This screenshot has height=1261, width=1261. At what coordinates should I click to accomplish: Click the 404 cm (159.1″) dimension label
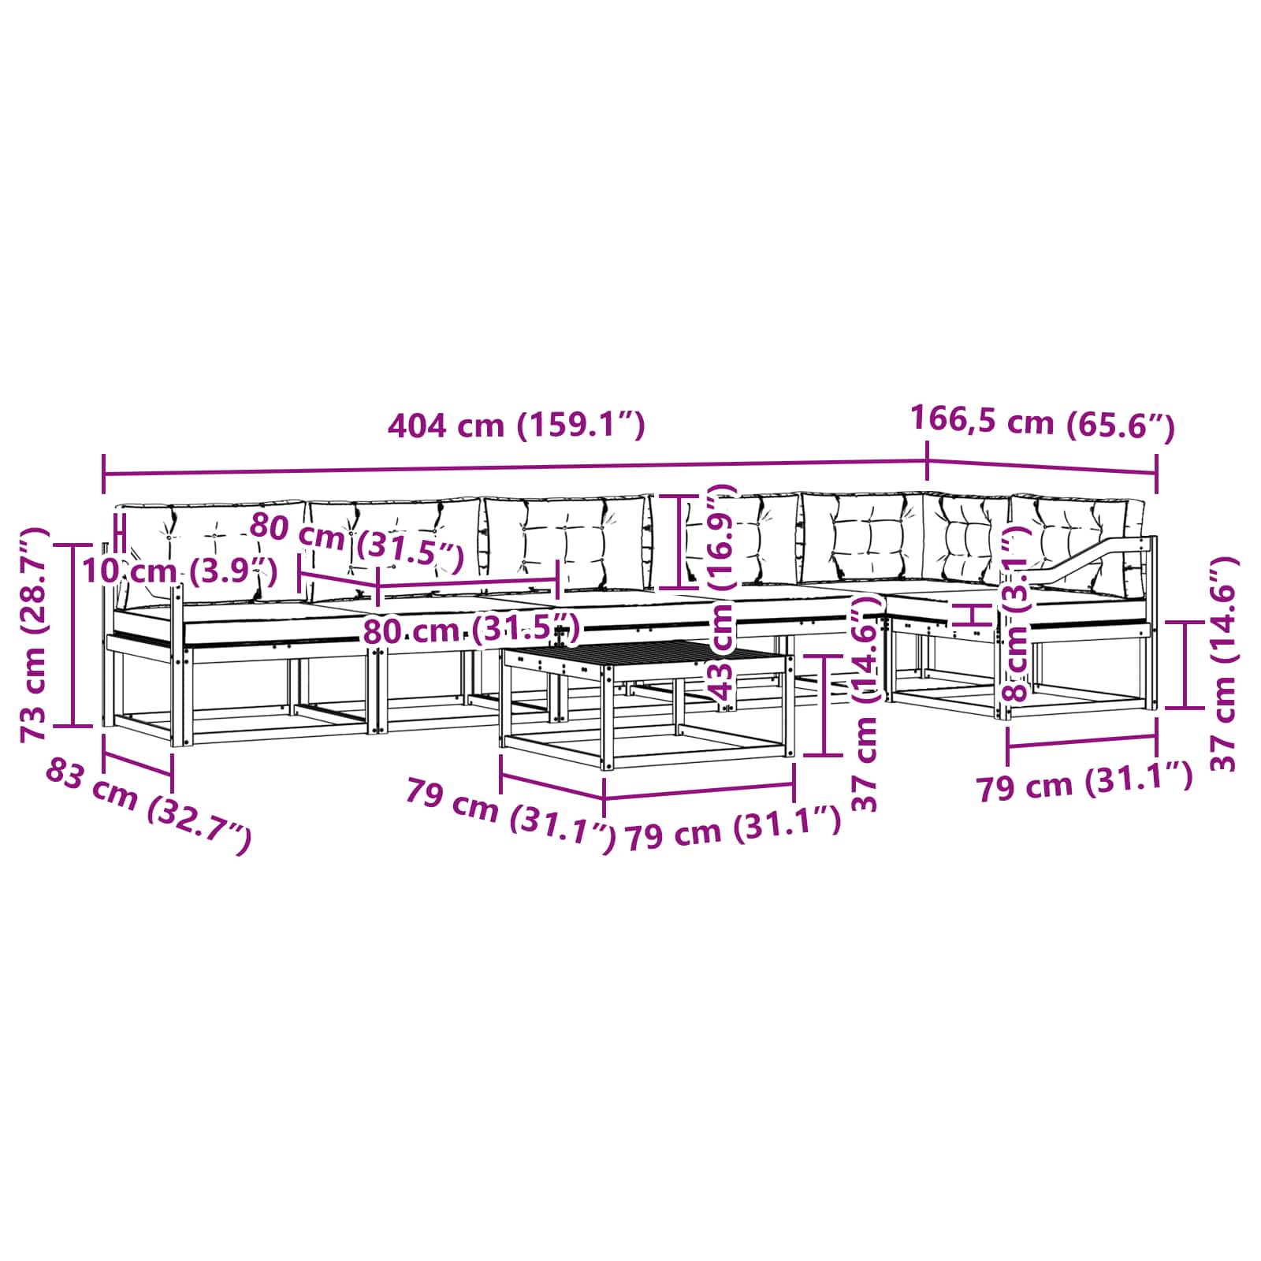point(516,426)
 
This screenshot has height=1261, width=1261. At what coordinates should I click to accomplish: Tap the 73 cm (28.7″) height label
point(35,634)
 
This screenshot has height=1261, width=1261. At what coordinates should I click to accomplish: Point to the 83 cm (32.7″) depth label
point(148,805)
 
